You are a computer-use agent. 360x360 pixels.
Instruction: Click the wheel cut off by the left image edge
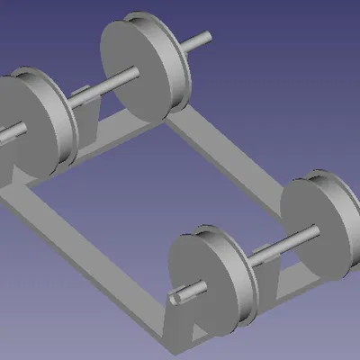(27, 126)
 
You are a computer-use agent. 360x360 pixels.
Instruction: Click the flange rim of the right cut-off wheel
(346, 207)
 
